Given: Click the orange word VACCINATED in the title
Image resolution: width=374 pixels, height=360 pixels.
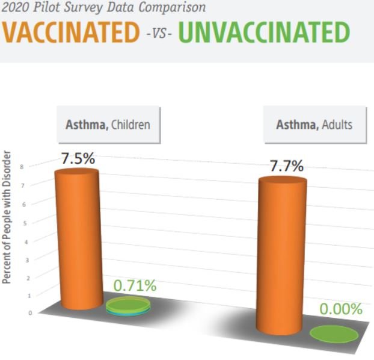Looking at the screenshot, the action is [x=71, y=33].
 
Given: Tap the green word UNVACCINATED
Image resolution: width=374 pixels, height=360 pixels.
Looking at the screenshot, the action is [x=265, y=33].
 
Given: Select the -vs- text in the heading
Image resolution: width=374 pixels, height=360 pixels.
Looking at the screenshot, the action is [x=159, y=33].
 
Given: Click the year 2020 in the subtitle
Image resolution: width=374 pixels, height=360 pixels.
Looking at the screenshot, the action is [x=15, y=7].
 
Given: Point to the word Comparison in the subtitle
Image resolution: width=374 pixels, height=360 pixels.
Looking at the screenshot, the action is [x=172, y=8].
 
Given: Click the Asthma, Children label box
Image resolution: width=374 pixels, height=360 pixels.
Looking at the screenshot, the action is [x=108, y=125].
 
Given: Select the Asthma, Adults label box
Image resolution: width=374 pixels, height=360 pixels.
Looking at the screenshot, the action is [x=314, y=125].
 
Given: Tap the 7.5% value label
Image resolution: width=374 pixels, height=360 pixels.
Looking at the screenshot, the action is [x=78, y=158].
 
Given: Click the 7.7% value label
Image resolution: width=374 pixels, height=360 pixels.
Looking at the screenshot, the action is [x=287, y=166].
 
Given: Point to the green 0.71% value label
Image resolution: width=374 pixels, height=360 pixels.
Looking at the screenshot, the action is [x=135, y=285].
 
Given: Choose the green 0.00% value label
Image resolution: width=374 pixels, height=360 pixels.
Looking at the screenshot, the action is [x=341, y=309].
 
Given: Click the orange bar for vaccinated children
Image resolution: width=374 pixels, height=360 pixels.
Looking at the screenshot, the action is [x=79, y=239].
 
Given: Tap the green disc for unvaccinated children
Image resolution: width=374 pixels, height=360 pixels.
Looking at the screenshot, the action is [x=128, y=306].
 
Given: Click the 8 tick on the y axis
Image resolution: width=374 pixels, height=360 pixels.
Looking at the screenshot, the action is [x=22, y=167].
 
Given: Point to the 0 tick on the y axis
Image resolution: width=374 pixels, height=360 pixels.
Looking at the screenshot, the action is [x=30, y=312].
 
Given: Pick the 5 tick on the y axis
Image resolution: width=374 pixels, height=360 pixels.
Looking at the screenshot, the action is [x=25, y=223].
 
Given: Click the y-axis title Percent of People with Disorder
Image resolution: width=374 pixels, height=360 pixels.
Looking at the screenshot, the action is [x=7, y=217].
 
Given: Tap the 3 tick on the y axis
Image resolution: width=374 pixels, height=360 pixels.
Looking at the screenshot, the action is [x=27, y=260].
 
